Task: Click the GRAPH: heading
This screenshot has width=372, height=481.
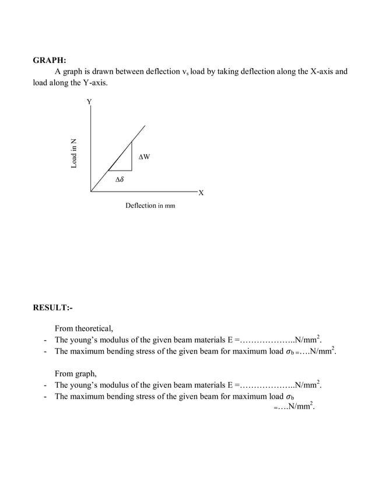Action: pyautogui.click(x=49, y=60)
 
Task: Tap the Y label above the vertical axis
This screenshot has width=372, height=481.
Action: pyautogui.click(x=89, y=101)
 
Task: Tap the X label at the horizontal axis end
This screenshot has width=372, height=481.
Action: pyautogui.click(x=201, y=193)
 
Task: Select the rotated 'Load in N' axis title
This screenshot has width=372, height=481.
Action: pyautogui.click(x=74, y=153)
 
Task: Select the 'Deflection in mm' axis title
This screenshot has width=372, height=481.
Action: pyautogui.click(x=150, y=206)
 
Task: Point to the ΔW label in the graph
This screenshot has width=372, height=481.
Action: pyautogui.click(x=145, y=157)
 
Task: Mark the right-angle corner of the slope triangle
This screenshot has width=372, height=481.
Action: pyautogui.click(x=132, y=171)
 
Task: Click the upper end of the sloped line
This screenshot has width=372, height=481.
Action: pyautogui.click(x=145, y=125)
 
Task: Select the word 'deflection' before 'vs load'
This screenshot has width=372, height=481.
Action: pyautogui.click(x=161, y=72)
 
